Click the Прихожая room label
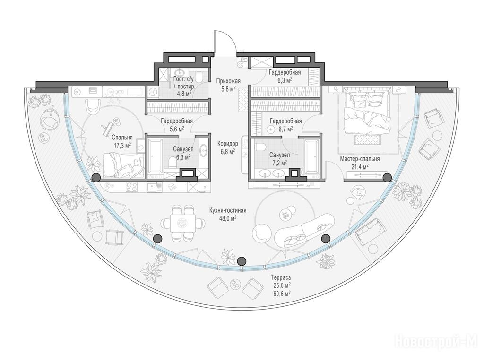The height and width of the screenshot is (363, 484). (x=228, y=81)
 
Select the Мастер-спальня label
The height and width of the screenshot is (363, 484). (x=360, y=159)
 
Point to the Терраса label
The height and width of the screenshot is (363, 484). (x=281, y=277)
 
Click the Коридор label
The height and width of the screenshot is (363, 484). (x=227, y=144)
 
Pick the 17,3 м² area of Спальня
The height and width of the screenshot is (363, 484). (x=122, y=145)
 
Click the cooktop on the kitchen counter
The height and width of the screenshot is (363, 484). (x=132, y=186)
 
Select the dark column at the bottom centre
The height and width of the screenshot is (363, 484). (x=242, y=261)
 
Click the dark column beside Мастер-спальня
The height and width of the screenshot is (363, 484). (x=387, y=177)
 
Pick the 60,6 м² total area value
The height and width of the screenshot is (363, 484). (x=281, y=293)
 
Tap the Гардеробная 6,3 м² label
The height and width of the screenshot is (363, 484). (x=285, y=76)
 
